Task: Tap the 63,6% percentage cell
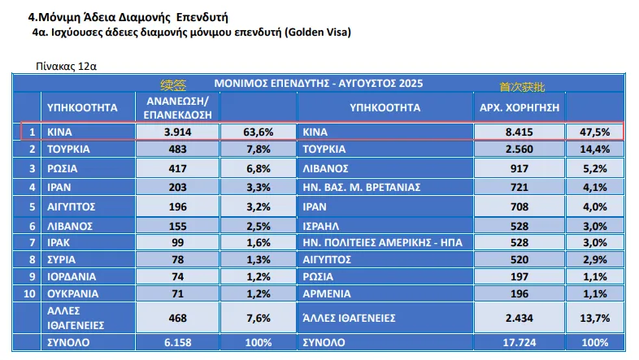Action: pos(258,131)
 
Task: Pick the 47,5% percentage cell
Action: pos(594,131)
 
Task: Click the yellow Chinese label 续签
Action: pos(174,85)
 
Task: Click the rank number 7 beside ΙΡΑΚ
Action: pos(31,243)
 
